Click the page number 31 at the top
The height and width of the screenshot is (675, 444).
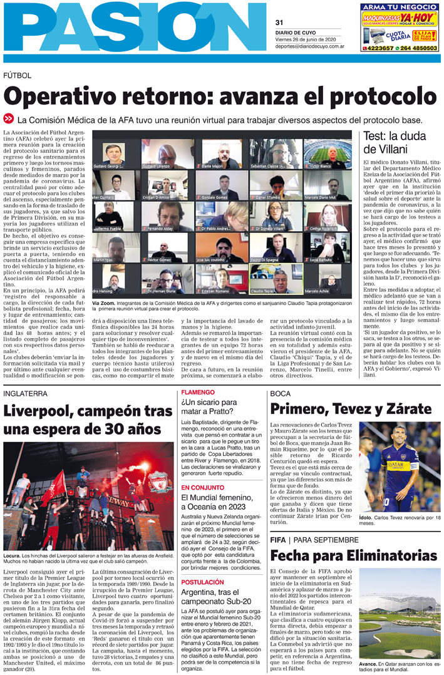coord(279,23)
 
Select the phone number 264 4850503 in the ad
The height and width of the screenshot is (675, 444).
coord(416,48)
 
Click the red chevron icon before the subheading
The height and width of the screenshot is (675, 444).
coord(9,118)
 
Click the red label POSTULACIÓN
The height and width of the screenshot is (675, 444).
coord(202,582)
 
